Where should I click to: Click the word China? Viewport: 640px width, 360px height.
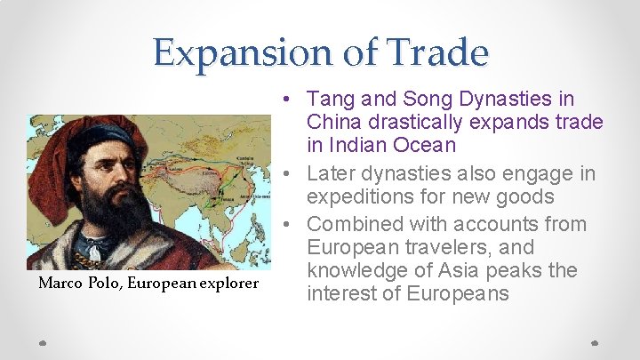point(332,121)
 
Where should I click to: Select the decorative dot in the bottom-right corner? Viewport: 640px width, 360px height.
point(596,341)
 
